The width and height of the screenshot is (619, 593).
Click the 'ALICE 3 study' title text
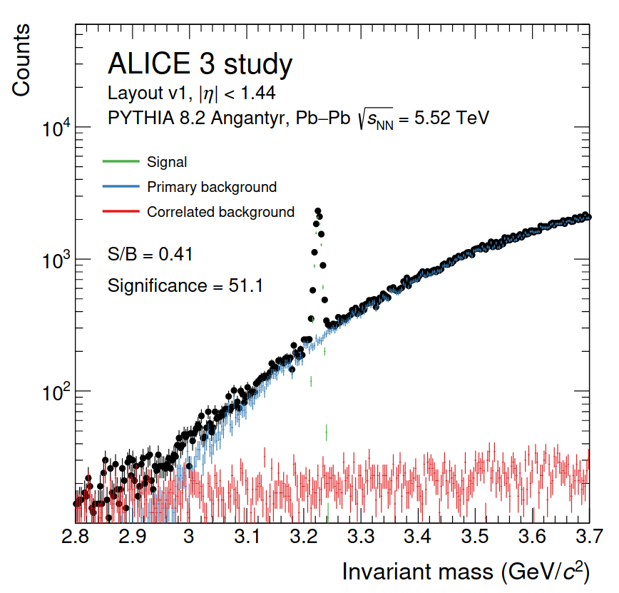200,65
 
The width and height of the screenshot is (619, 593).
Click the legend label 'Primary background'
212,187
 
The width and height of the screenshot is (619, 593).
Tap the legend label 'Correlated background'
220,212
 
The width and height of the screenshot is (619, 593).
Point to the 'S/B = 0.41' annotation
150,253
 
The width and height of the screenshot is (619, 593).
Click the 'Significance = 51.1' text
185,286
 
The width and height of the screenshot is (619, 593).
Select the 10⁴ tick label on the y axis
56,129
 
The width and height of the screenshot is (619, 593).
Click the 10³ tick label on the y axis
56,261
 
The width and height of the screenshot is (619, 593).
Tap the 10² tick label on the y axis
56,393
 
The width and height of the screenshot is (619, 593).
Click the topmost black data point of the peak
317,211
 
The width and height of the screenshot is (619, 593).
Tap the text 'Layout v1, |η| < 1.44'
191,93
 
